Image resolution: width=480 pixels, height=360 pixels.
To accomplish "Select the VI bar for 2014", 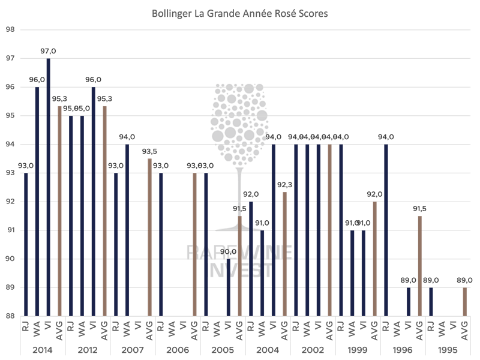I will [48, 187].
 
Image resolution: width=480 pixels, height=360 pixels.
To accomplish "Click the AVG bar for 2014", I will [59, 211].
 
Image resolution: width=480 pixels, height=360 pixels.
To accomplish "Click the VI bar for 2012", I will [94, 201].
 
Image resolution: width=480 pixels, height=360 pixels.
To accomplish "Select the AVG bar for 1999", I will [375, 259].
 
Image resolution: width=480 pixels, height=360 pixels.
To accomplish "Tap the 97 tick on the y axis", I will [10, 58].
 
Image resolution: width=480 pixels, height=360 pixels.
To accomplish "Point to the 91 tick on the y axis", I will [10, 230].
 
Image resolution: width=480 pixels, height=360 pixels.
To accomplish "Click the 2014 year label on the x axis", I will [43, 350].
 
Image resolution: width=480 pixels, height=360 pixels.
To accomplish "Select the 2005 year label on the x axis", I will [223, 350].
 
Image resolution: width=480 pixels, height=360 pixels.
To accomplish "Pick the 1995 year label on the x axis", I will [448, 350].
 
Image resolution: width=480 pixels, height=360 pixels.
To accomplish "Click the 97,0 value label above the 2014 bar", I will [48, 52].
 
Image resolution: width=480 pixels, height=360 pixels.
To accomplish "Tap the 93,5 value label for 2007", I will [149, 151].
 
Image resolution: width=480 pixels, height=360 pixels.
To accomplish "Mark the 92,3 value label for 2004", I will [285, 185].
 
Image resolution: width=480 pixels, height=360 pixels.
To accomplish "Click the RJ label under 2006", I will [161, 328].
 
